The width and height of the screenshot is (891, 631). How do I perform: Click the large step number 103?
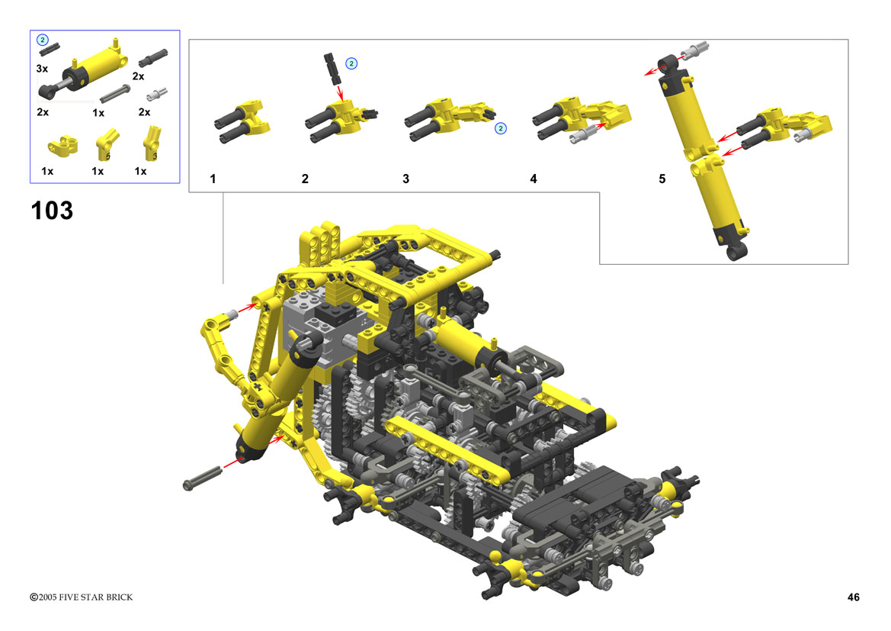pyautogui.click(x=52, y=211)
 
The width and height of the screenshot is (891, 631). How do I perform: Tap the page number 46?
pyautogui.click(x=853, y=597)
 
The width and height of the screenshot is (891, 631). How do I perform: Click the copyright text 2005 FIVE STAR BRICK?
pyautogui.click(x=85, y=597)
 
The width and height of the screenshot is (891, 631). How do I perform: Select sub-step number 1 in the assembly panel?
pyautogui.click(x=213, y=179)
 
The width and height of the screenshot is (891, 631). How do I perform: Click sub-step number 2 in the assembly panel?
pyautogui.click(x=305, y=179)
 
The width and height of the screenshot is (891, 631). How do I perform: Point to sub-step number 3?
pyautogui.click(x=405, y=179)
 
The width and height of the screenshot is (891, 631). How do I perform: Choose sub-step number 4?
pyautogui.click(x=533, y=179)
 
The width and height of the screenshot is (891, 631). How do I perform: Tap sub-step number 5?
pyautogui.click(x=662, y=179)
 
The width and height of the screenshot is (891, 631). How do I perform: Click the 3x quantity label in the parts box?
pyautogui.click(x=42, y=69)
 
